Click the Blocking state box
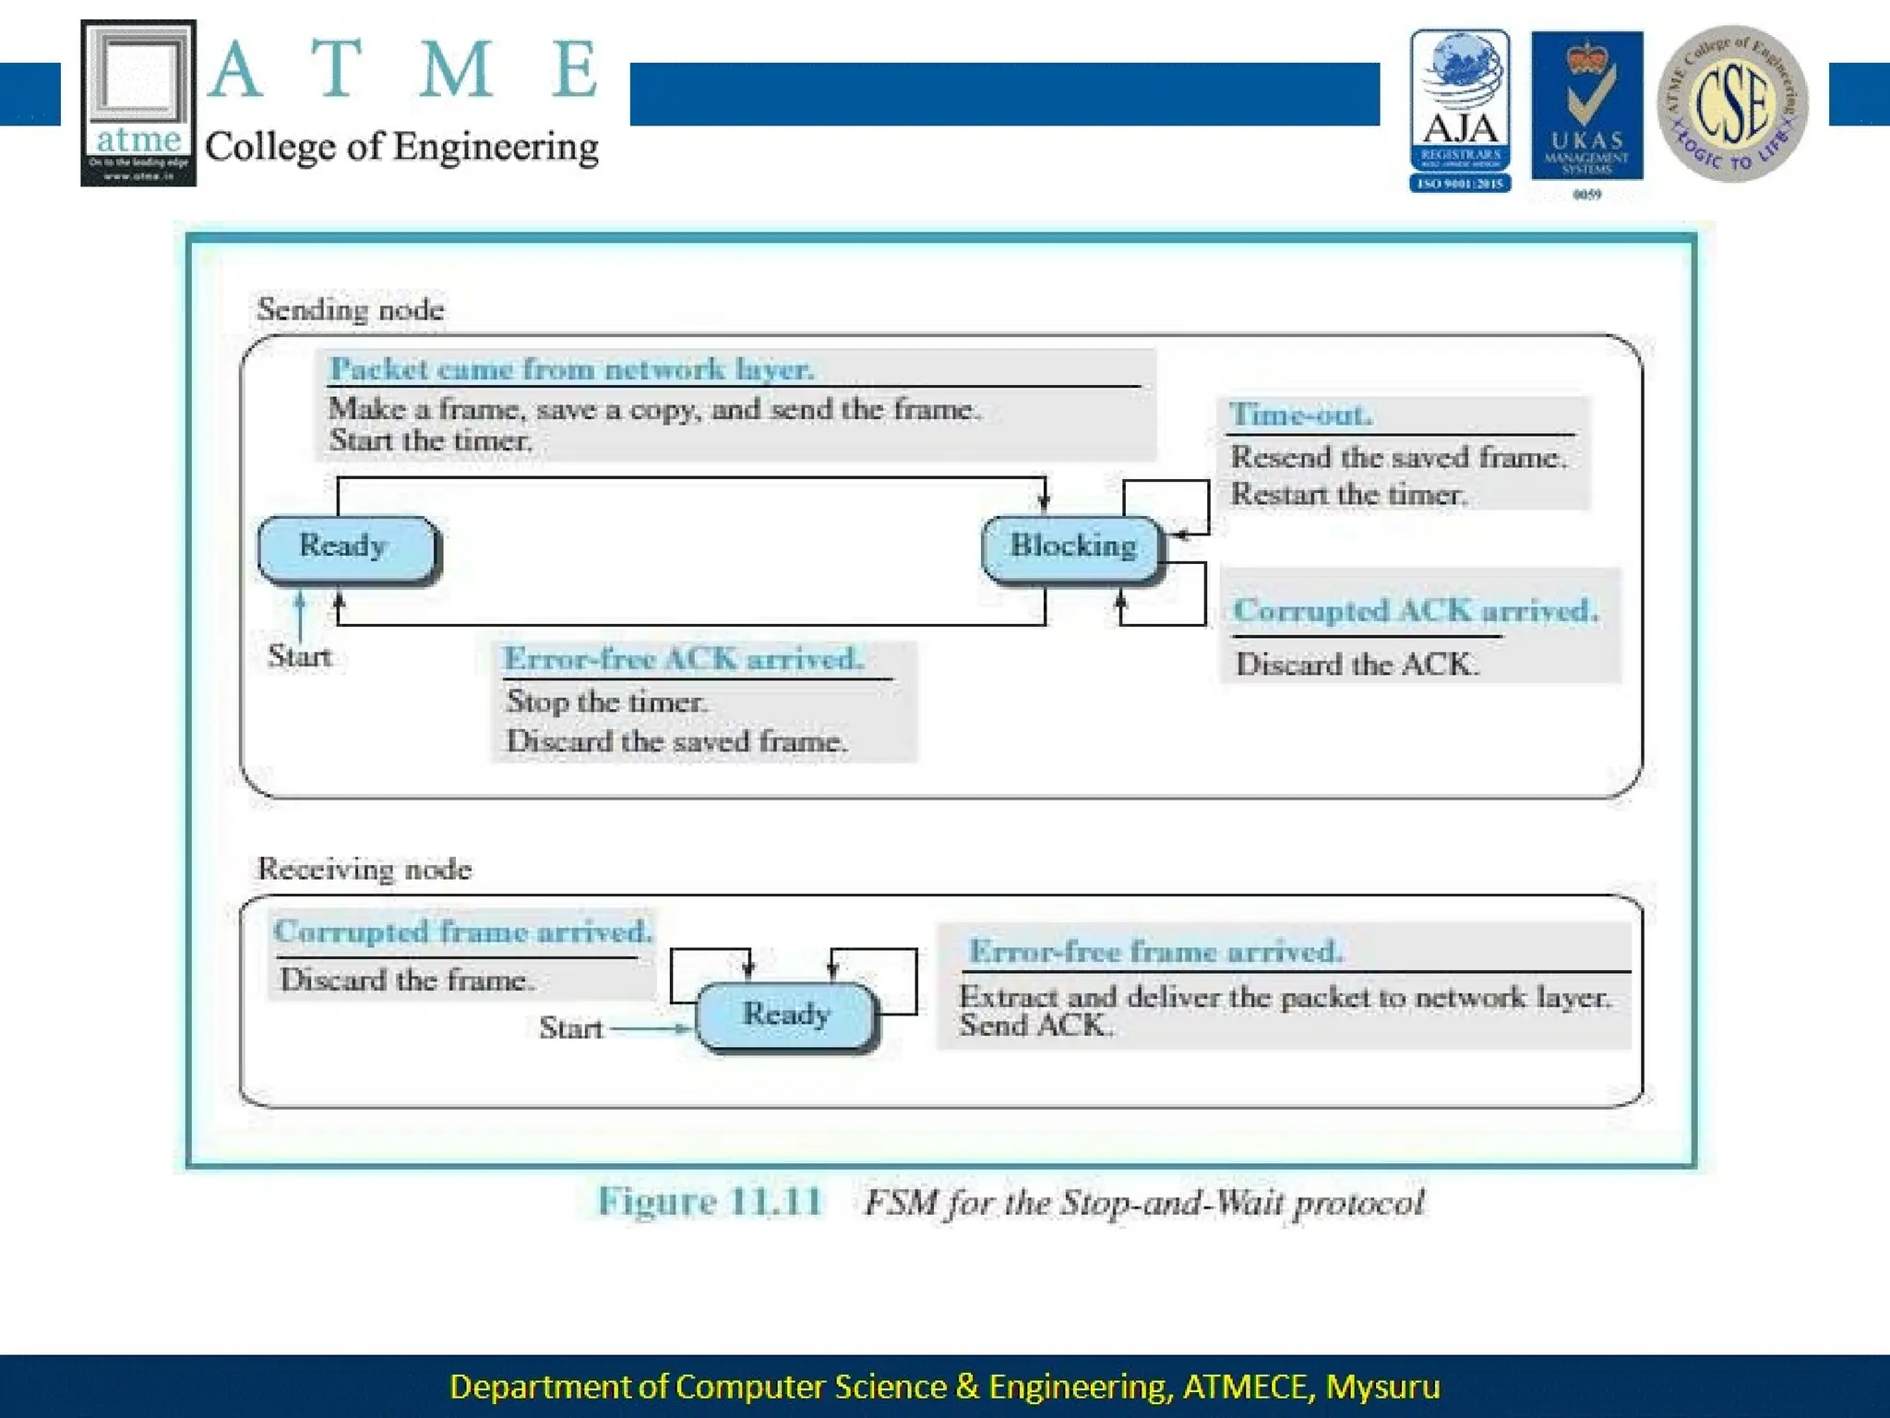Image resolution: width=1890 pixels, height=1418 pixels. pos(1071,547)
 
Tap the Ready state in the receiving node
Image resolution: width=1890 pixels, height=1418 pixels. pos(785,1015)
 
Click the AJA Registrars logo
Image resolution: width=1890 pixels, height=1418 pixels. pos(1459,110)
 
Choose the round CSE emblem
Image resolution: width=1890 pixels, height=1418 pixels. pos(1732,103)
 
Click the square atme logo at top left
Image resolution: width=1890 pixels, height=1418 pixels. pos(138,102)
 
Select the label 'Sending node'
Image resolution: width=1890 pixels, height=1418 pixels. pos(351,309)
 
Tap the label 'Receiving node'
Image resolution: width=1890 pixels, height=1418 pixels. pos(364,869)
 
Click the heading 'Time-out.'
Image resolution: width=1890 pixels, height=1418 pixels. pos(1300,415)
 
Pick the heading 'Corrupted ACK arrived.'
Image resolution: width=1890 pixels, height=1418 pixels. pos(1416,610)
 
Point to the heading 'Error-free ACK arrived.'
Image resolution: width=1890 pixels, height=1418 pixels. pos(683,658)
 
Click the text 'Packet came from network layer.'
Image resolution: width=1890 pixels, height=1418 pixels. pos(571,369)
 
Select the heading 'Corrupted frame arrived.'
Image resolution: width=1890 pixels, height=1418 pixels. pos(462,931)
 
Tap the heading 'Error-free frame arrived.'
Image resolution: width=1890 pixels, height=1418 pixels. pos(1155,951)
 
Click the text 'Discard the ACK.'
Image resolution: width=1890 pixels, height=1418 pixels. pos(1357,664)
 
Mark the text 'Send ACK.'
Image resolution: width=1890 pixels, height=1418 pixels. pos(1035,1026)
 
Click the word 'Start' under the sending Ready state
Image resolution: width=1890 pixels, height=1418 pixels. pos(299,655)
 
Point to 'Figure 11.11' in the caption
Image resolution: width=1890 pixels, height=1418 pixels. pos(709,1201)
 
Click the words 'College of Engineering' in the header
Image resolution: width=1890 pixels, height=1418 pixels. pos(401,147)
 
